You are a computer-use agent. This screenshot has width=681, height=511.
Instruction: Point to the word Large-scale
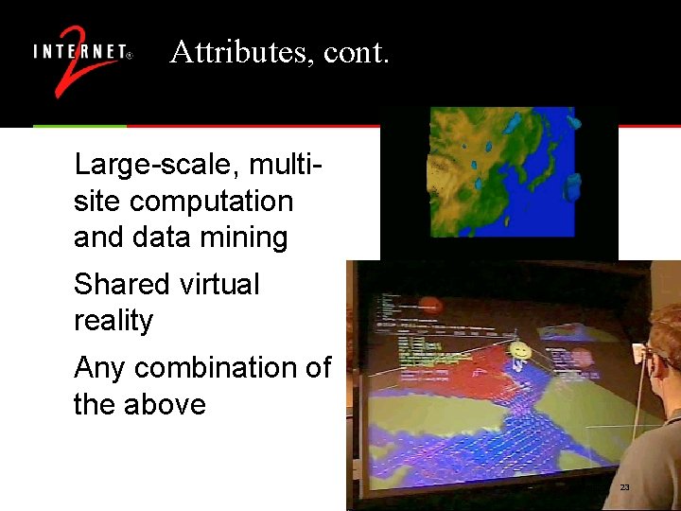pos(150,166)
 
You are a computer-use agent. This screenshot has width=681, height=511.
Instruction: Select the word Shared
pos(118,284)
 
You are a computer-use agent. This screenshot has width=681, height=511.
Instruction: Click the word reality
pos(113,321)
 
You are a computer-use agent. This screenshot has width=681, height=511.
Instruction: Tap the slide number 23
pos(624,486)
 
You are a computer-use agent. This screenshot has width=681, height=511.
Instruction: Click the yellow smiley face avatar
pos(517,354)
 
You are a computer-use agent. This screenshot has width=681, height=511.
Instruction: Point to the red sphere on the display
pos(430,307)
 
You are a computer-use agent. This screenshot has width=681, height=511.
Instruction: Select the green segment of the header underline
pos(79,126)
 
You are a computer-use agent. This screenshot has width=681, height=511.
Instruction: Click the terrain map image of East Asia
pos(501,170)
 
